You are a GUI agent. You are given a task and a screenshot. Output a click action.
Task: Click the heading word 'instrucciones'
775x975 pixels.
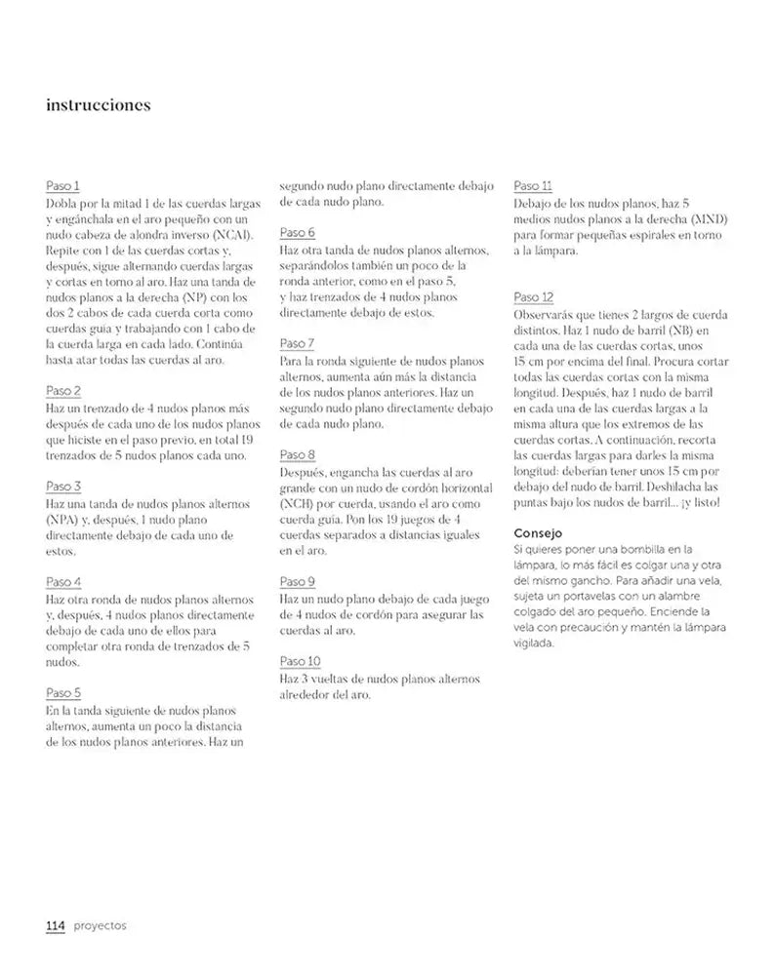click(x=98, y=105)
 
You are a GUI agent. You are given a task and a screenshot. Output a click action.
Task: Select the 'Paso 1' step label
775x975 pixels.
click(x=62, y=185)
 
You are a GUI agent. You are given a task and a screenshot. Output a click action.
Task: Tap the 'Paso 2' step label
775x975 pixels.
click(x=63, y=390)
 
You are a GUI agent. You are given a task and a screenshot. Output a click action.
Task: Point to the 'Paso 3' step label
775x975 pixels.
click(x=63, y=486)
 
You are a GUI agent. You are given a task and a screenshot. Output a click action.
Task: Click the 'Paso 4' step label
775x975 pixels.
click(x=63, y=581)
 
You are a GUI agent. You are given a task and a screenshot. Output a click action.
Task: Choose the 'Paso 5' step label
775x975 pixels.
click(x=63, y=692)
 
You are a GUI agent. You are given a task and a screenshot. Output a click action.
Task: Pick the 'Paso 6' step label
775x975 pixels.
click(x=297, y=233)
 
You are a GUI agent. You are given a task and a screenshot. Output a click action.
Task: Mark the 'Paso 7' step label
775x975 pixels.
click(x=297, y=343)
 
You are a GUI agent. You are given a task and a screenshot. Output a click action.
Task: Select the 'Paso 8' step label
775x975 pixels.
click(x=297, y=454)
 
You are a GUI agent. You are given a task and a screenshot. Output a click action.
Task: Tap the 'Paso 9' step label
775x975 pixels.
click(x=297, y=581)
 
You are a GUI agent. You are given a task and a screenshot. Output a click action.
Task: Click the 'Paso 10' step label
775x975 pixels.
click(x=300, y=660)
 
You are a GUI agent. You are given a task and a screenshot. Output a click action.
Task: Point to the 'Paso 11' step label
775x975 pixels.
click(x=533, y=185)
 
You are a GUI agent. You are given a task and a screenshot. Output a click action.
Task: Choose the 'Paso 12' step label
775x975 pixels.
click(x=534, y=296)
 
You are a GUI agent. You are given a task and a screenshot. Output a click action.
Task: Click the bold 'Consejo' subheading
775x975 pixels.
click(x=539, y=533)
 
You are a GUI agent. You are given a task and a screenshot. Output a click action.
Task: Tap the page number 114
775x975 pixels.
click(x=56, y=925)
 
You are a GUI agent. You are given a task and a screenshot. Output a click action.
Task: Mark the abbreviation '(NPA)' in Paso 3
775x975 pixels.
click(x=63, y=520)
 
